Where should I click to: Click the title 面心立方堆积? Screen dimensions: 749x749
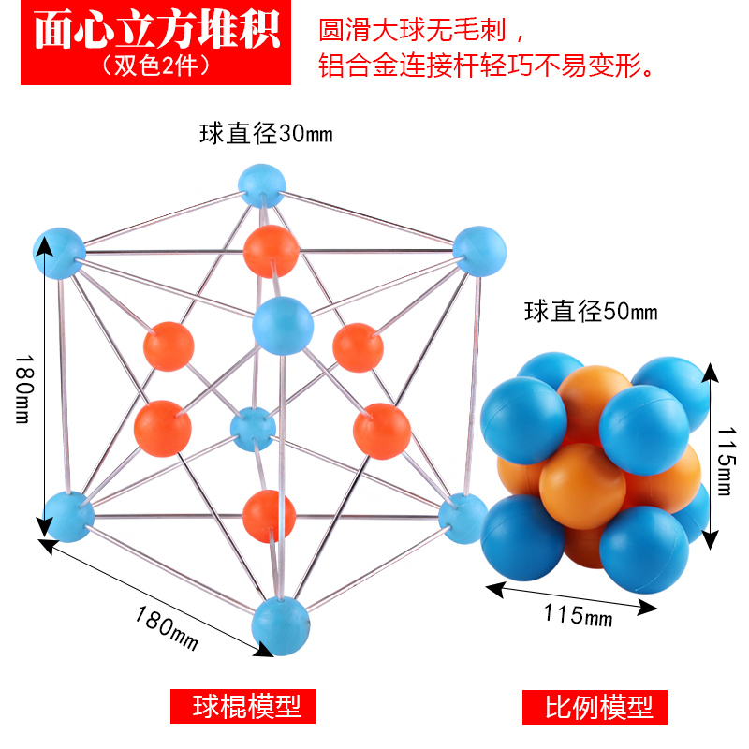[156, 30]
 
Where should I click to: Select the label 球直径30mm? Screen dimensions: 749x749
[265, 134]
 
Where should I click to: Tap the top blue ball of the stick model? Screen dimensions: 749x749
[260, 184]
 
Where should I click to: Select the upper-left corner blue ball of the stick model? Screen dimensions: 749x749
[59, 253]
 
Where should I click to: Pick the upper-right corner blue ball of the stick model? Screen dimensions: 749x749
[479, 250]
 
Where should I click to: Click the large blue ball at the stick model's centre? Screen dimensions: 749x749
[282, 324]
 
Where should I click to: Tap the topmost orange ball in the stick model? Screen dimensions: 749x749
[272, 250]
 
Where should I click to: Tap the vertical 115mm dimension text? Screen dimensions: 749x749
[723, 459]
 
